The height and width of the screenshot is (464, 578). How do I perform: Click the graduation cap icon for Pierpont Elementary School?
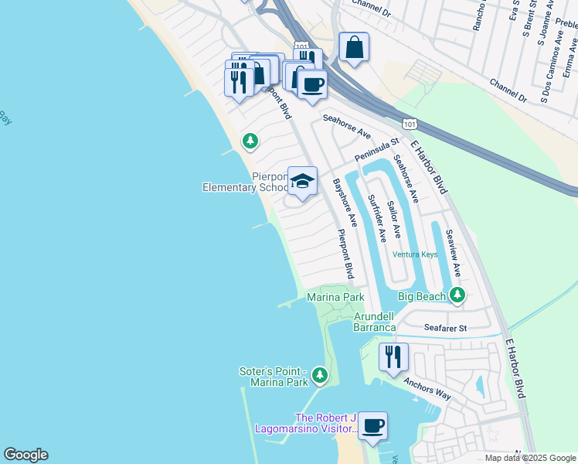(x=302, y=182)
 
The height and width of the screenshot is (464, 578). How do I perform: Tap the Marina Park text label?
(x=335, y=297)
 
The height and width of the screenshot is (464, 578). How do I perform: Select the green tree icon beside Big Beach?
(x=457, y=295)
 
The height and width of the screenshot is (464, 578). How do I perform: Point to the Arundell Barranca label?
(x=375, y=322)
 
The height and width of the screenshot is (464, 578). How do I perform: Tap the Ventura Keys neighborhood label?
(x=415, y=254)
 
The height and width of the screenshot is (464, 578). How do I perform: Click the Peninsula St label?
(x=376, y=149)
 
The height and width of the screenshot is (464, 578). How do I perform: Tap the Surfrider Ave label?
(x=374, y=219)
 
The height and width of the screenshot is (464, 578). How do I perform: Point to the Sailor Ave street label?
(x=394, y=219)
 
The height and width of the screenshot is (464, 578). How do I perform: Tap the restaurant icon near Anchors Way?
(x=393, y=357)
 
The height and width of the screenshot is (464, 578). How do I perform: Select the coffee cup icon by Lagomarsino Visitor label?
(x=372, y=426)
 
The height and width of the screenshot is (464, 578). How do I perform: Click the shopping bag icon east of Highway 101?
(x=353, y=47)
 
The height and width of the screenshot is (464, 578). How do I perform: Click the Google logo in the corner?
(x=25, y=455)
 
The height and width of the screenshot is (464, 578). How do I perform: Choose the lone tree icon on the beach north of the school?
(x=250, y=141)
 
